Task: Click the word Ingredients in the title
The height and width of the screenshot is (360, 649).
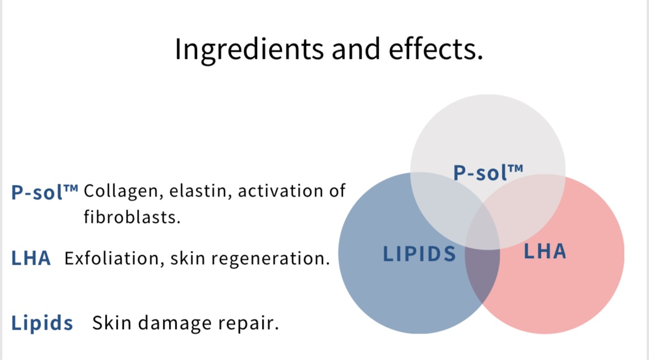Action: tap(249, 50)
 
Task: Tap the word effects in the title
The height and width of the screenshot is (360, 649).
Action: tap(435, 49)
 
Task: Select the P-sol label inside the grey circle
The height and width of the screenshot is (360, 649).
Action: tap(488, 172)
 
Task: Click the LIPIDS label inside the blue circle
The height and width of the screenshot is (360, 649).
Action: tap(419, 254)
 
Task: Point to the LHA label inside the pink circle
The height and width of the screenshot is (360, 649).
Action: tap(545, 251)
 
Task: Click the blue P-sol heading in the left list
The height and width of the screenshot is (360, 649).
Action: tap(45, 192)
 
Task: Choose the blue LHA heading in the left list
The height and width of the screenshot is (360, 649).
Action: tap(31, 258)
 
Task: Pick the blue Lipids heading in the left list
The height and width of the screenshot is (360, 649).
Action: tap(42, 323)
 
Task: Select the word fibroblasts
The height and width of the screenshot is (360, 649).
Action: tap(132, 217)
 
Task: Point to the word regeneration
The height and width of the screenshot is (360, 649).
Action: tap(270, 259)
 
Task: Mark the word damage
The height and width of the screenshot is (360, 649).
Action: tap(175, 323)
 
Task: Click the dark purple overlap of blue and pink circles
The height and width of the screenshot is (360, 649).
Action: tap(483, 273)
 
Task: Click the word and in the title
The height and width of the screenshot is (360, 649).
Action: tap(356, 49)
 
